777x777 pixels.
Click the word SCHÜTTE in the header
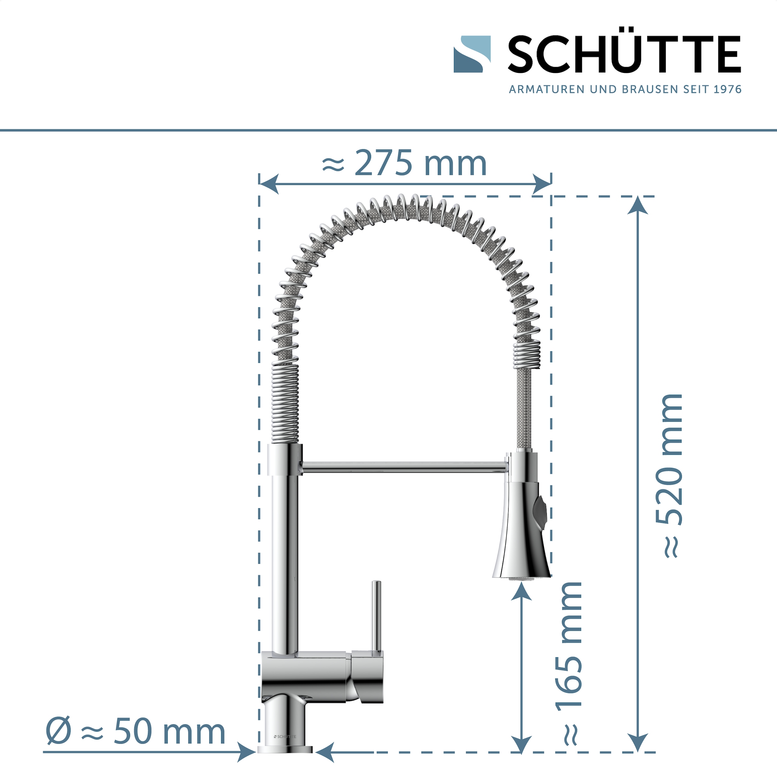[x=624, y=54]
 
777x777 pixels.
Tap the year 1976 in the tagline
[x=727, y=89]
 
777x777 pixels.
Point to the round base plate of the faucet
[x=285, y=749]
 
